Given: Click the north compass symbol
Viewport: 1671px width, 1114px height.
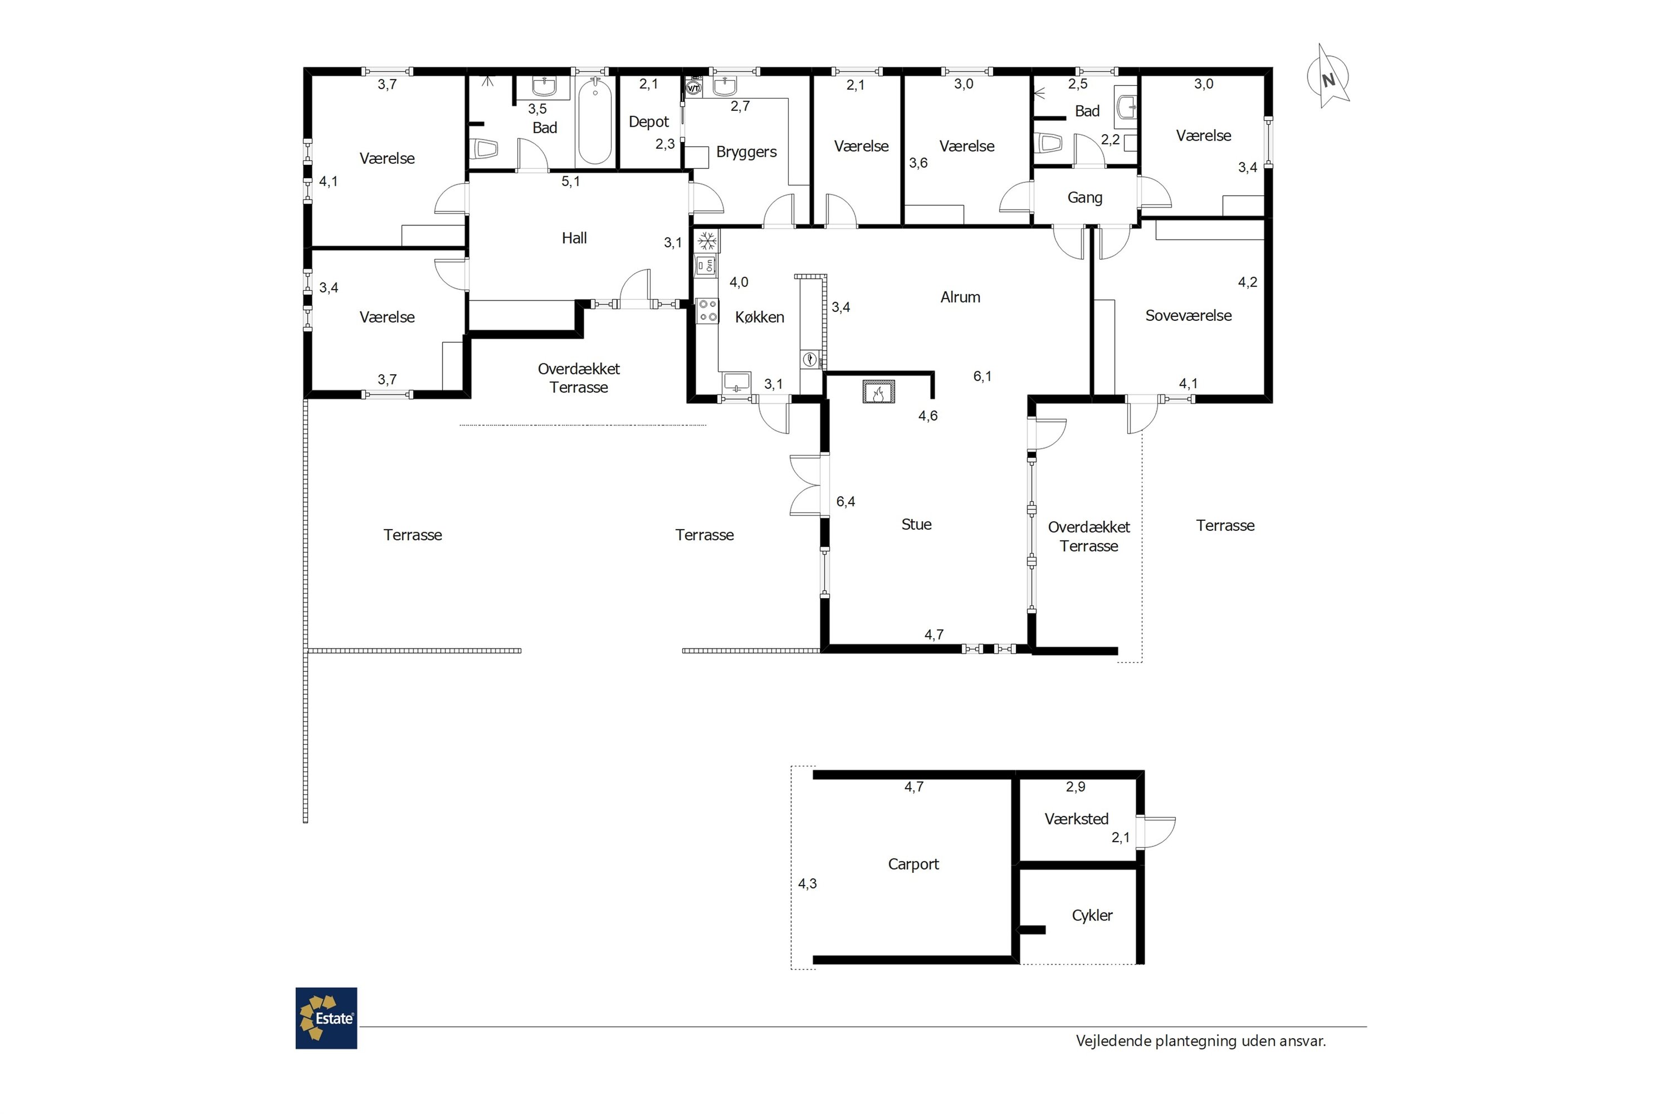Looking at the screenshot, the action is pos(1328,77).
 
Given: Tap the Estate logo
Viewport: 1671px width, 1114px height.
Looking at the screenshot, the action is pos(326,1018).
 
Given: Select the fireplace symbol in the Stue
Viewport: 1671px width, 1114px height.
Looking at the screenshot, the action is pos(879,392).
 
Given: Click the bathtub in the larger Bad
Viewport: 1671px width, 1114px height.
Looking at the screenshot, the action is pos(595,121).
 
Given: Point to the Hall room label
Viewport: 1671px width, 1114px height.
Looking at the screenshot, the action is pos(574,238).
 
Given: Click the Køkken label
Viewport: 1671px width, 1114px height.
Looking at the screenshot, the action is pos(760,317).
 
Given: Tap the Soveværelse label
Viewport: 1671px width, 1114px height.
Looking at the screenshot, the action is pos(1189,315).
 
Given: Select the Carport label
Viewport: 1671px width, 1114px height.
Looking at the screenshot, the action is pos(913,864).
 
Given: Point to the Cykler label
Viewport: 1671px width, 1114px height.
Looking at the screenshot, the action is pos(1092,915).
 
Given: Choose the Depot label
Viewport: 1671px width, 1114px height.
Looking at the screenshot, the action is pos(649,122).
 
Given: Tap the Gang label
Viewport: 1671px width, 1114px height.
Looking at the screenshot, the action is pos(1085,198).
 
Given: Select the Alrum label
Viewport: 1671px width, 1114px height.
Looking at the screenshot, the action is pos(960,297).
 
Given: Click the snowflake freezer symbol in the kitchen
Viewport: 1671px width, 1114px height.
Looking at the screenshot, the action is pos(707,242).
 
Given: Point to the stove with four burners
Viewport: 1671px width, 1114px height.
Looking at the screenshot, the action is pos(707,310).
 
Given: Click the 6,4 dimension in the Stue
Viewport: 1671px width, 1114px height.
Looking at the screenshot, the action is pos(846,502).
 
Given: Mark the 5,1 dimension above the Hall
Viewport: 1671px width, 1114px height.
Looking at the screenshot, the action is pos(570,181).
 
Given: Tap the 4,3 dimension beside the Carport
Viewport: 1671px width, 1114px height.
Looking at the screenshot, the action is pos(807,884).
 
